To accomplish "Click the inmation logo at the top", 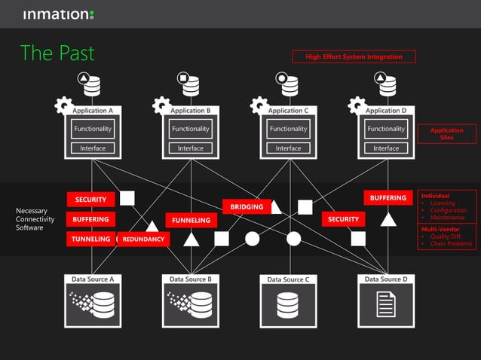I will [x=58, y=14].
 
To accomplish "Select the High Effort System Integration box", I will [x=354, y=56].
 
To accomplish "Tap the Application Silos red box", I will [x=446, y=133].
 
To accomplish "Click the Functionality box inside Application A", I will [x=93, y=129].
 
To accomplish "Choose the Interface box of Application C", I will [x=288, y=148].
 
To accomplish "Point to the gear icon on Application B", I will [x=160, y=105].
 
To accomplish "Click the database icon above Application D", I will [x=387, y=85].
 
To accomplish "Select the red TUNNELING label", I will [x=90, y=239].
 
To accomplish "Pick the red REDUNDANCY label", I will [x=143, y=239].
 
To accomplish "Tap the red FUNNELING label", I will [x=191, y=221].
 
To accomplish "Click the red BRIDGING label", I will [x=247, y=206].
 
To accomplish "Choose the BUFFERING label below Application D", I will [x=388, y=198].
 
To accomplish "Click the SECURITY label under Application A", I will [x=91, y=200].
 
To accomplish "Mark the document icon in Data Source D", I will [x=385, y=304].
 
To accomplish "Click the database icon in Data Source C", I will [x=288, y=304].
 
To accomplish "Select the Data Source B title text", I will [x=190, y=279].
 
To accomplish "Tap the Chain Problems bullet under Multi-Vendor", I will [x=451, y=244].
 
